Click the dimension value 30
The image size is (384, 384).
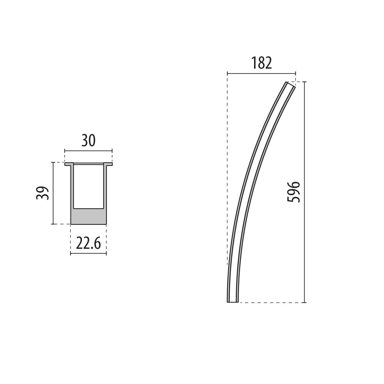(x=88, y=140)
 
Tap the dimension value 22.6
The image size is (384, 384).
(x=88, y=244)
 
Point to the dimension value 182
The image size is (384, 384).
(x=261, y=63)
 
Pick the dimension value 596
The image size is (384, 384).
(x=293, y=192)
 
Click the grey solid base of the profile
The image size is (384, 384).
(x=88, y=216)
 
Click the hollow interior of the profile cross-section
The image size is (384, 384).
(x=88, y=186)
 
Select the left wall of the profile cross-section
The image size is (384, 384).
(x=72, y=186)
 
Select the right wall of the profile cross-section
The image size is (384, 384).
(x=105, y=186)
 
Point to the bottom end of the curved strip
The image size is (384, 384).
(x=233, y=301)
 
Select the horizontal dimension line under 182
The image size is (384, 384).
(x=261, y=73)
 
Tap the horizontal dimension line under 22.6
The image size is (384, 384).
(x=88, y=254)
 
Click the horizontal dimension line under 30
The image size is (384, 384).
(x=88, y=150)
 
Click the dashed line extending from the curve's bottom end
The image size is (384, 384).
(x=272, y=302)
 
